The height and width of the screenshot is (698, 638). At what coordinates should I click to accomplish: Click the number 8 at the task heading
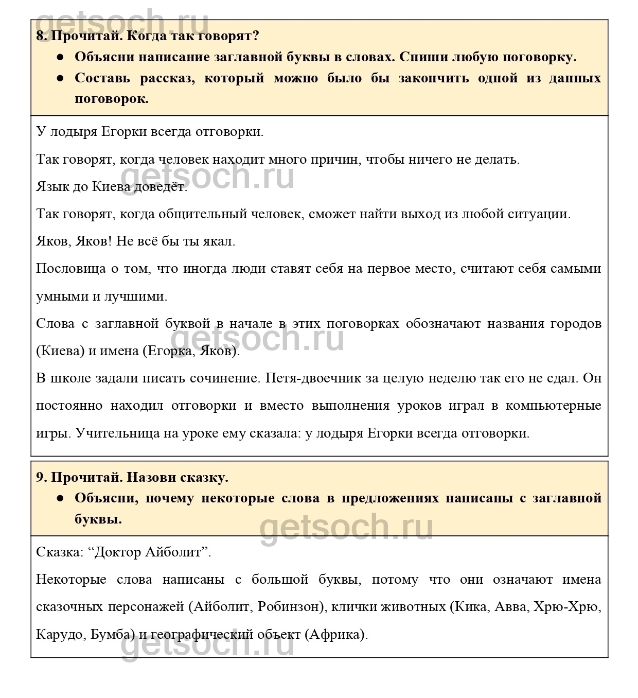click(40, 36)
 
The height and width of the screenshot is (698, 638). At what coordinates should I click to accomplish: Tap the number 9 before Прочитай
click(40, 477)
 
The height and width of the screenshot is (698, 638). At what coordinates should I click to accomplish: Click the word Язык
click(51, 187)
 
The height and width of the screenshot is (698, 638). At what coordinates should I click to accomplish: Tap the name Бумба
click(108, 634)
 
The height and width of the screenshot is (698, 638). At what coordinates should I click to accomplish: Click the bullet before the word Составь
click(61, 78)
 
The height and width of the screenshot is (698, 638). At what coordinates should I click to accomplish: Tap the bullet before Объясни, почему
click(61, 498)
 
